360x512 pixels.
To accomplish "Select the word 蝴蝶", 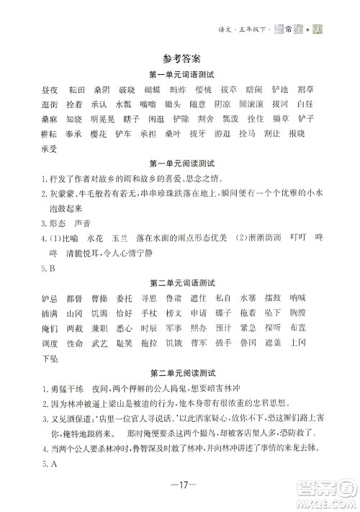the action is coord(152,90).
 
